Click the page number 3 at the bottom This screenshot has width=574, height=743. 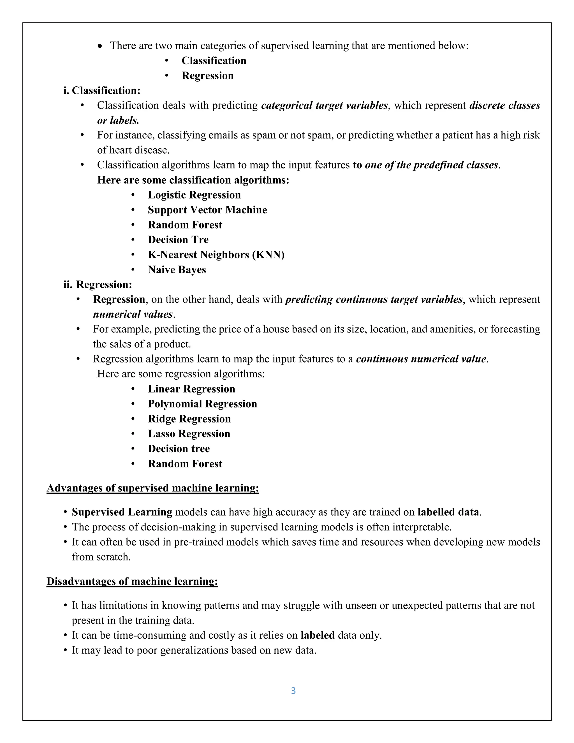pyautogui.click(x=293, y=691)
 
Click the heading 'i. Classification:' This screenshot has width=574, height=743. pyautogui.click(x=102, y=91)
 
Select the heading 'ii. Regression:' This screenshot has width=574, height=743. pyautogui.click(x=98, y=284)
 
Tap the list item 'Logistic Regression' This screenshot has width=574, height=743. pyautogui.click(x=194, y=195)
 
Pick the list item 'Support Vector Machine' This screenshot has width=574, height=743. pyautogui.click(x=207, y=210)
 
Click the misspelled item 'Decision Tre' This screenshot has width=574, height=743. pyautogui.click(x=178, y=240)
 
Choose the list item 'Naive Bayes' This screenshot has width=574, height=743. pyautogui.click(x=177, y=270)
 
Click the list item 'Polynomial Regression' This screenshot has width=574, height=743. pyautogui.click(x=202, y=404)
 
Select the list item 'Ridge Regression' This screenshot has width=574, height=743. pyautogui.click(x=189, y=419)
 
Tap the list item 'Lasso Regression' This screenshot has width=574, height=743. pyautogui.click(x=189, y=434)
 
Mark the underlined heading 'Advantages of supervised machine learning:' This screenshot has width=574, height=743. pyautogui.click(x=153, y=488)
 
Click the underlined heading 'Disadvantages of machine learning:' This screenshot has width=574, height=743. pyautogui.click(x=132, y=582)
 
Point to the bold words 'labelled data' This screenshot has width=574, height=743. pyautogui.click(x=448, y=512)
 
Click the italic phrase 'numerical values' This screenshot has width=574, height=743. pyautogui.click(x=133, y=314)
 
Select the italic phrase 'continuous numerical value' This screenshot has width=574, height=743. pyautogui.click(x=421, y=359)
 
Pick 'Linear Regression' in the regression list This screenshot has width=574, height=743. pyautogui.click(x=191, y=389)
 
